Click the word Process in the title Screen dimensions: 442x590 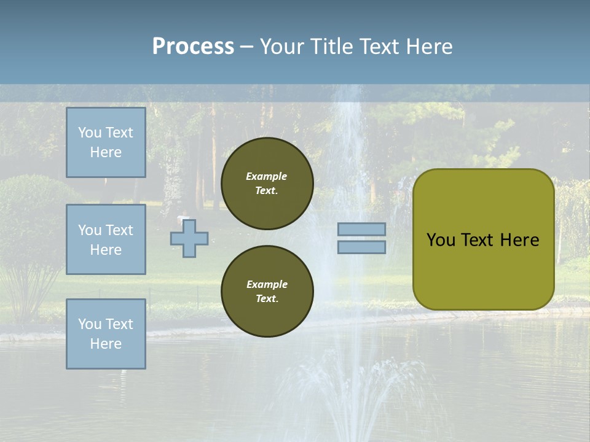[193, 47]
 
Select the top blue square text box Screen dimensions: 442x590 [106, 142]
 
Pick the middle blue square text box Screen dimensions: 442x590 [106, 239]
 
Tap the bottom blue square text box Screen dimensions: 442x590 [106, 333]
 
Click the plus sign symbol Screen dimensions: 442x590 [189, 238]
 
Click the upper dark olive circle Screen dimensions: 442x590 [267, 184]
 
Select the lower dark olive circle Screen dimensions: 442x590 [267, 292]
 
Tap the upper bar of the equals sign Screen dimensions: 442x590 [361, 229]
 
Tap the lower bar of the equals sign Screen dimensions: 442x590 [361, 247]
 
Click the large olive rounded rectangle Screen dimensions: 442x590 [483, 239]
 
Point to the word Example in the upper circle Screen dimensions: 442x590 [267, 176]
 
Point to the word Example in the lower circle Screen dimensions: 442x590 [267, 284]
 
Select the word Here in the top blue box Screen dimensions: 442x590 [106, 152]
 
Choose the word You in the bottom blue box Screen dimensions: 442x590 [90, 324]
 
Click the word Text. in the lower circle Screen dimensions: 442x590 [267, 299]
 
